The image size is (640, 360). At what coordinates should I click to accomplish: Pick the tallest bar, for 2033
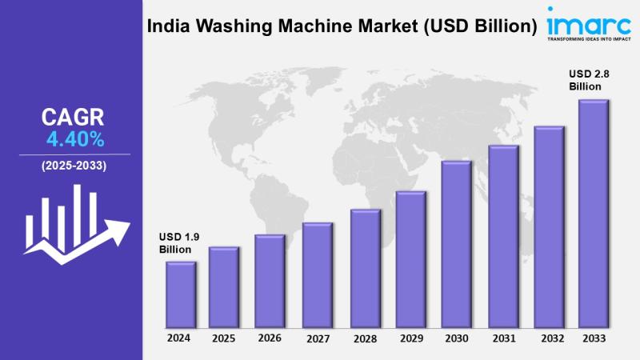tap(594, 212)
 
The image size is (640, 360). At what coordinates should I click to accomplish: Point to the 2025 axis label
tap(224, 338)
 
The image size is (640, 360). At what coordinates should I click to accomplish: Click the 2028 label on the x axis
tap(364, 338)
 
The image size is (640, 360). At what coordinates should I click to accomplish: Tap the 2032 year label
tap(549, 338)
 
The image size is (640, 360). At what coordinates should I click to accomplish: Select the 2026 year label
tap(270, 338)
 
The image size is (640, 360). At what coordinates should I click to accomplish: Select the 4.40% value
tap(75, 140)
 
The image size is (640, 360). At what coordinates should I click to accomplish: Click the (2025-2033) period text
tap(74, 166)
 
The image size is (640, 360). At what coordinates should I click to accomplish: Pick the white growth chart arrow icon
tap(74, 220)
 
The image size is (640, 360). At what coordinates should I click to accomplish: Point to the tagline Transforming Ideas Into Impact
tap(589, 37)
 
